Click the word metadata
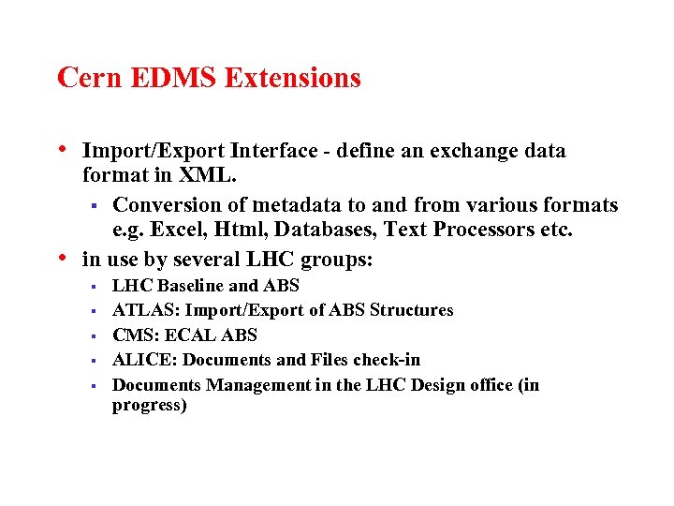tap(288, 204)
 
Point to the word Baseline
tap(195, 286)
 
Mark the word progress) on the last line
tap(150, 406)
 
